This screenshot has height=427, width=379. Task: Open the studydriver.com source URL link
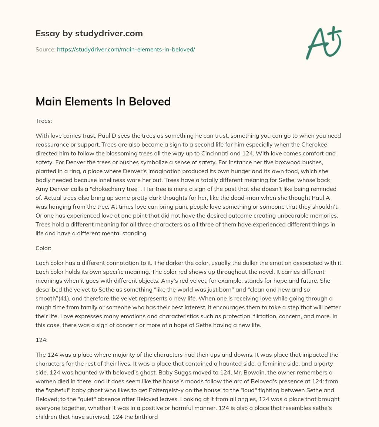click(x=126, y=49)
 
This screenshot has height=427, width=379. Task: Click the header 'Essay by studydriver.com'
click(x=89, y=33)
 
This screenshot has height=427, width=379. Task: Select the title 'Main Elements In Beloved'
click(x=103, y=101)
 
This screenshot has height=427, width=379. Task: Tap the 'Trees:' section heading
click(x=44, y=121)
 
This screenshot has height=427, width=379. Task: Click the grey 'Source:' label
click(x=45, y=49)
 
